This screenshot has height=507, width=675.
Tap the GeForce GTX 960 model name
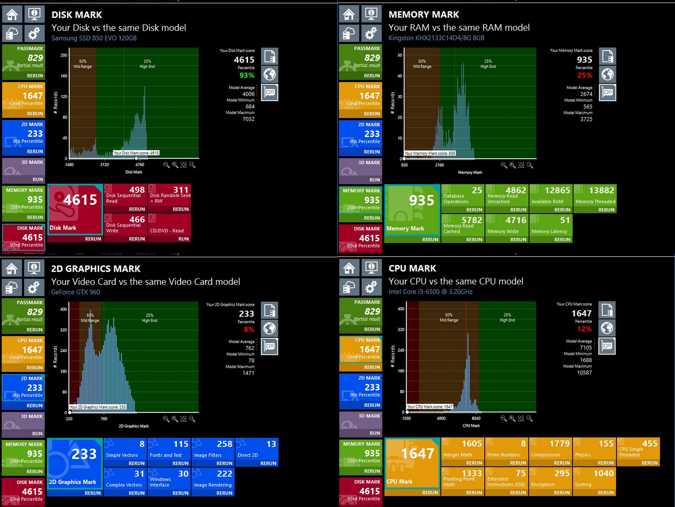pos(75,292)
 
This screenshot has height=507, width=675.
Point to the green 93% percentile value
pos(247,75)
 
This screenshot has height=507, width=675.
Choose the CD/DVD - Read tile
pos(169,228)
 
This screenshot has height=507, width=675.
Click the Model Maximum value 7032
pos(248,119)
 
